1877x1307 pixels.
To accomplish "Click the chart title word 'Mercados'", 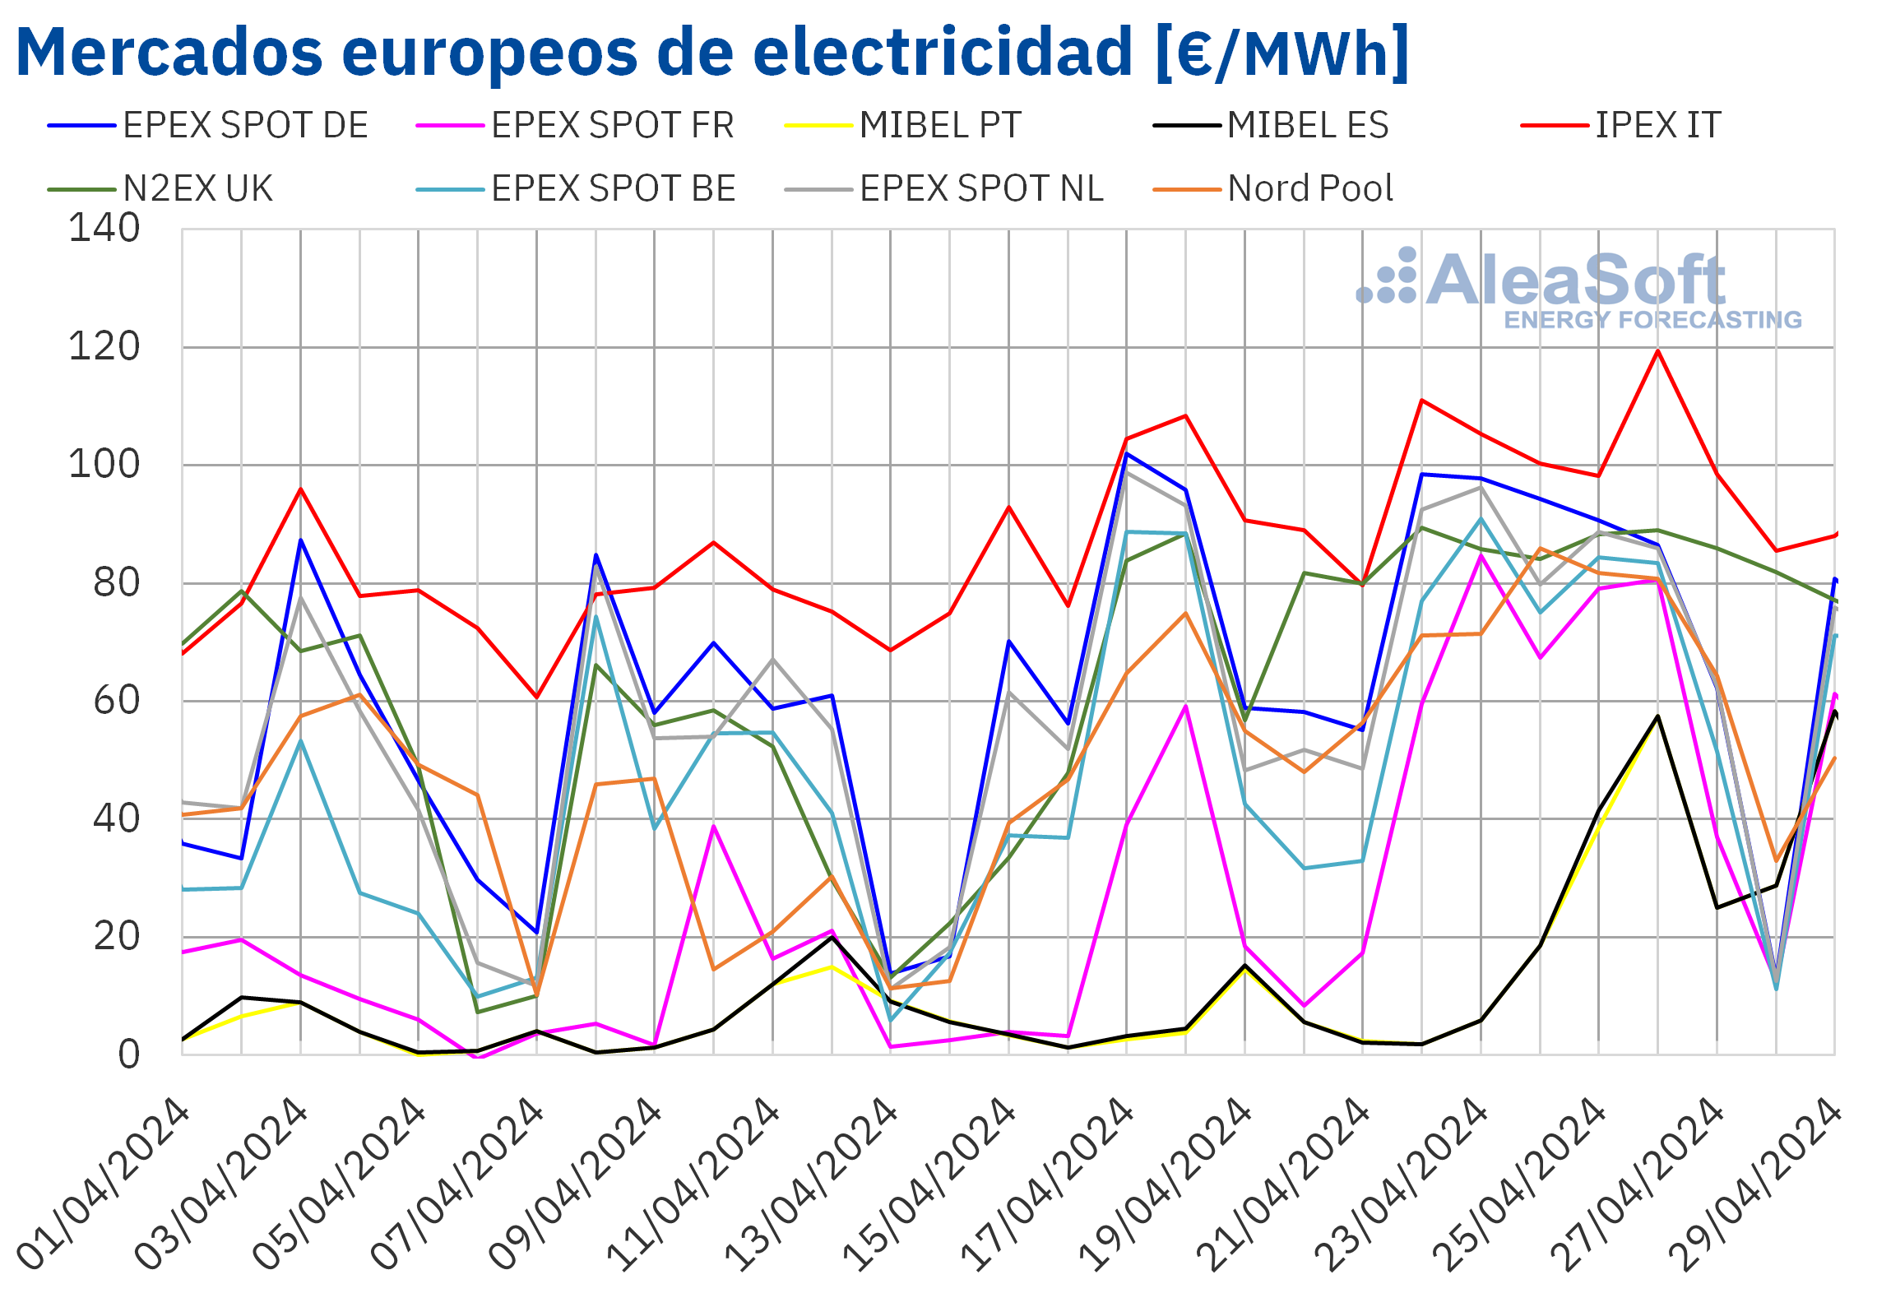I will tap(169, 52).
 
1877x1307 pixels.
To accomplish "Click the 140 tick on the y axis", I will tap(104, 229).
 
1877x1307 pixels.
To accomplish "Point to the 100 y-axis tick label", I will tap(104, 465).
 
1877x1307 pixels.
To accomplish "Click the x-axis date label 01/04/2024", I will tap(103, 1184).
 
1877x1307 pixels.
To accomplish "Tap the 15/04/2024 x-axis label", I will tap(929, 1184).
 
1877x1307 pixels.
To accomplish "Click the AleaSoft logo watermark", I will tap(1579, 288).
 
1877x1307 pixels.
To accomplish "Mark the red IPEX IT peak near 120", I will tap(1657, 351).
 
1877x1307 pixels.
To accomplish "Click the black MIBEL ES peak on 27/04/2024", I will tap(1657, 716).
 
